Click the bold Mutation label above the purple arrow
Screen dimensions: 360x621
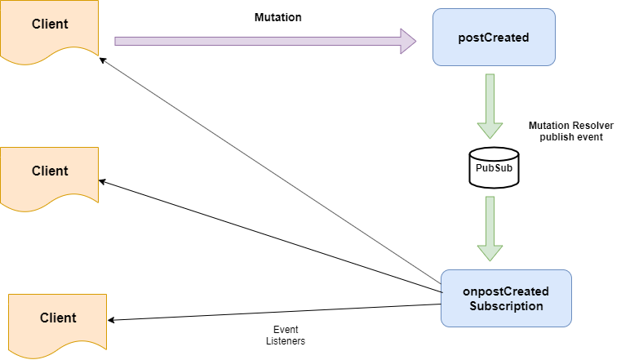tap(279, 16)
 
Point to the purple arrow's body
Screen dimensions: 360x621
tap(253, 41)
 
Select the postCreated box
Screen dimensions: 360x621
tap(494, 38)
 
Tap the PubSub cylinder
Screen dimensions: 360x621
tap(495, 168)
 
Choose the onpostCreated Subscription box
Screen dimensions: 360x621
tap(506, 299)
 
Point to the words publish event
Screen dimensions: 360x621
tap(570, 137)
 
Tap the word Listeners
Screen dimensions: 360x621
tap(285, 341)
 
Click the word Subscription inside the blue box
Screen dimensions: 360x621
tap(506, 307)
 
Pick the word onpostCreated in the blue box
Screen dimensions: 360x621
tap(506, 291)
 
